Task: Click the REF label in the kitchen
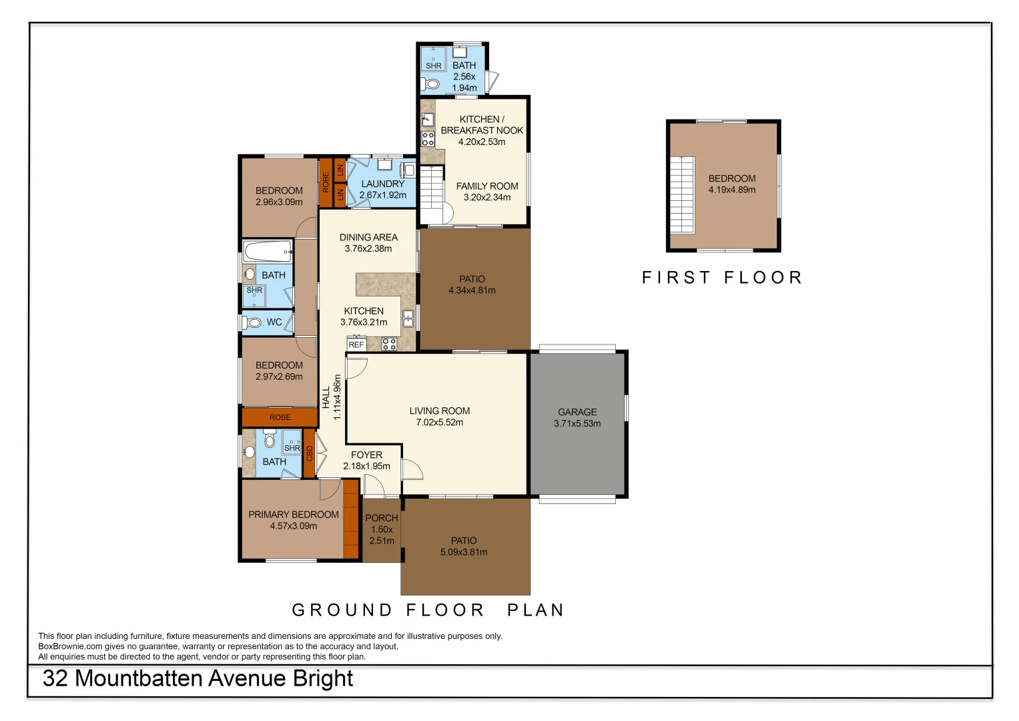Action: (x=356, y=344)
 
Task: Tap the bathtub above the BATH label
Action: (x=268, y=251)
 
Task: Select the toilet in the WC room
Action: (x=251, y=322)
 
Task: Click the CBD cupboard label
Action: (x=310, y=453)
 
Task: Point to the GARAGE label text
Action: (x=577, y=412)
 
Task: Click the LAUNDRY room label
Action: (x=382, y=184)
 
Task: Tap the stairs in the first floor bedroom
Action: (x=682, y=195)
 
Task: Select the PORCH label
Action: (x=381, y=518)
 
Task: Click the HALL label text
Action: (x=326, y=397)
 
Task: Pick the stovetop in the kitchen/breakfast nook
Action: (x=428, y=139)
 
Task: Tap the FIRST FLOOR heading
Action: (x=722, y=277)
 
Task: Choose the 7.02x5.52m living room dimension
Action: (x=440, y=423)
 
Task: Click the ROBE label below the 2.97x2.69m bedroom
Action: (x=280, y=417)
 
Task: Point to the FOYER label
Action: (x=366, y=455)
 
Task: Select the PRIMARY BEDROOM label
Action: (x=294, y=514)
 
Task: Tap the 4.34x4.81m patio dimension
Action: (x=472, y=290)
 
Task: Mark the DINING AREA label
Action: (x=368, y=237)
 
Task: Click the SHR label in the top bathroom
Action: (x=434, y=65)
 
